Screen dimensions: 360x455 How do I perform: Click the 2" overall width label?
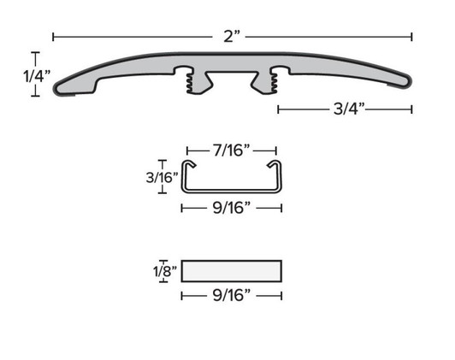pos(232,36)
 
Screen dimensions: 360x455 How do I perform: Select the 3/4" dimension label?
pos(346,109)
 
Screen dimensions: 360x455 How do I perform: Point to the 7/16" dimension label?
pos(231,151)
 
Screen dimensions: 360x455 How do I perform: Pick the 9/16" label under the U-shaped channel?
pos(231,207)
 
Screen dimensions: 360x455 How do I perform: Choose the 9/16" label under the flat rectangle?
pos(231,295)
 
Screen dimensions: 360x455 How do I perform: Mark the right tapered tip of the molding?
pos(405,82)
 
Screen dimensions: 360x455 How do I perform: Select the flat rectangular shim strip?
pos(232,272)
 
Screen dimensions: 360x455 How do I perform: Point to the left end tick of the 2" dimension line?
pos(53,36)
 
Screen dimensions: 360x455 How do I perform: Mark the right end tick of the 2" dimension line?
pos(412,36)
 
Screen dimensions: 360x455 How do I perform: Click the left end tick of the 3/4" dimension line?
pos(279,109)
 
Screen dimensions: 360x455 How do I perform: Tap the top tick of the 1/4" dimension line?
pos(35,54)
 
